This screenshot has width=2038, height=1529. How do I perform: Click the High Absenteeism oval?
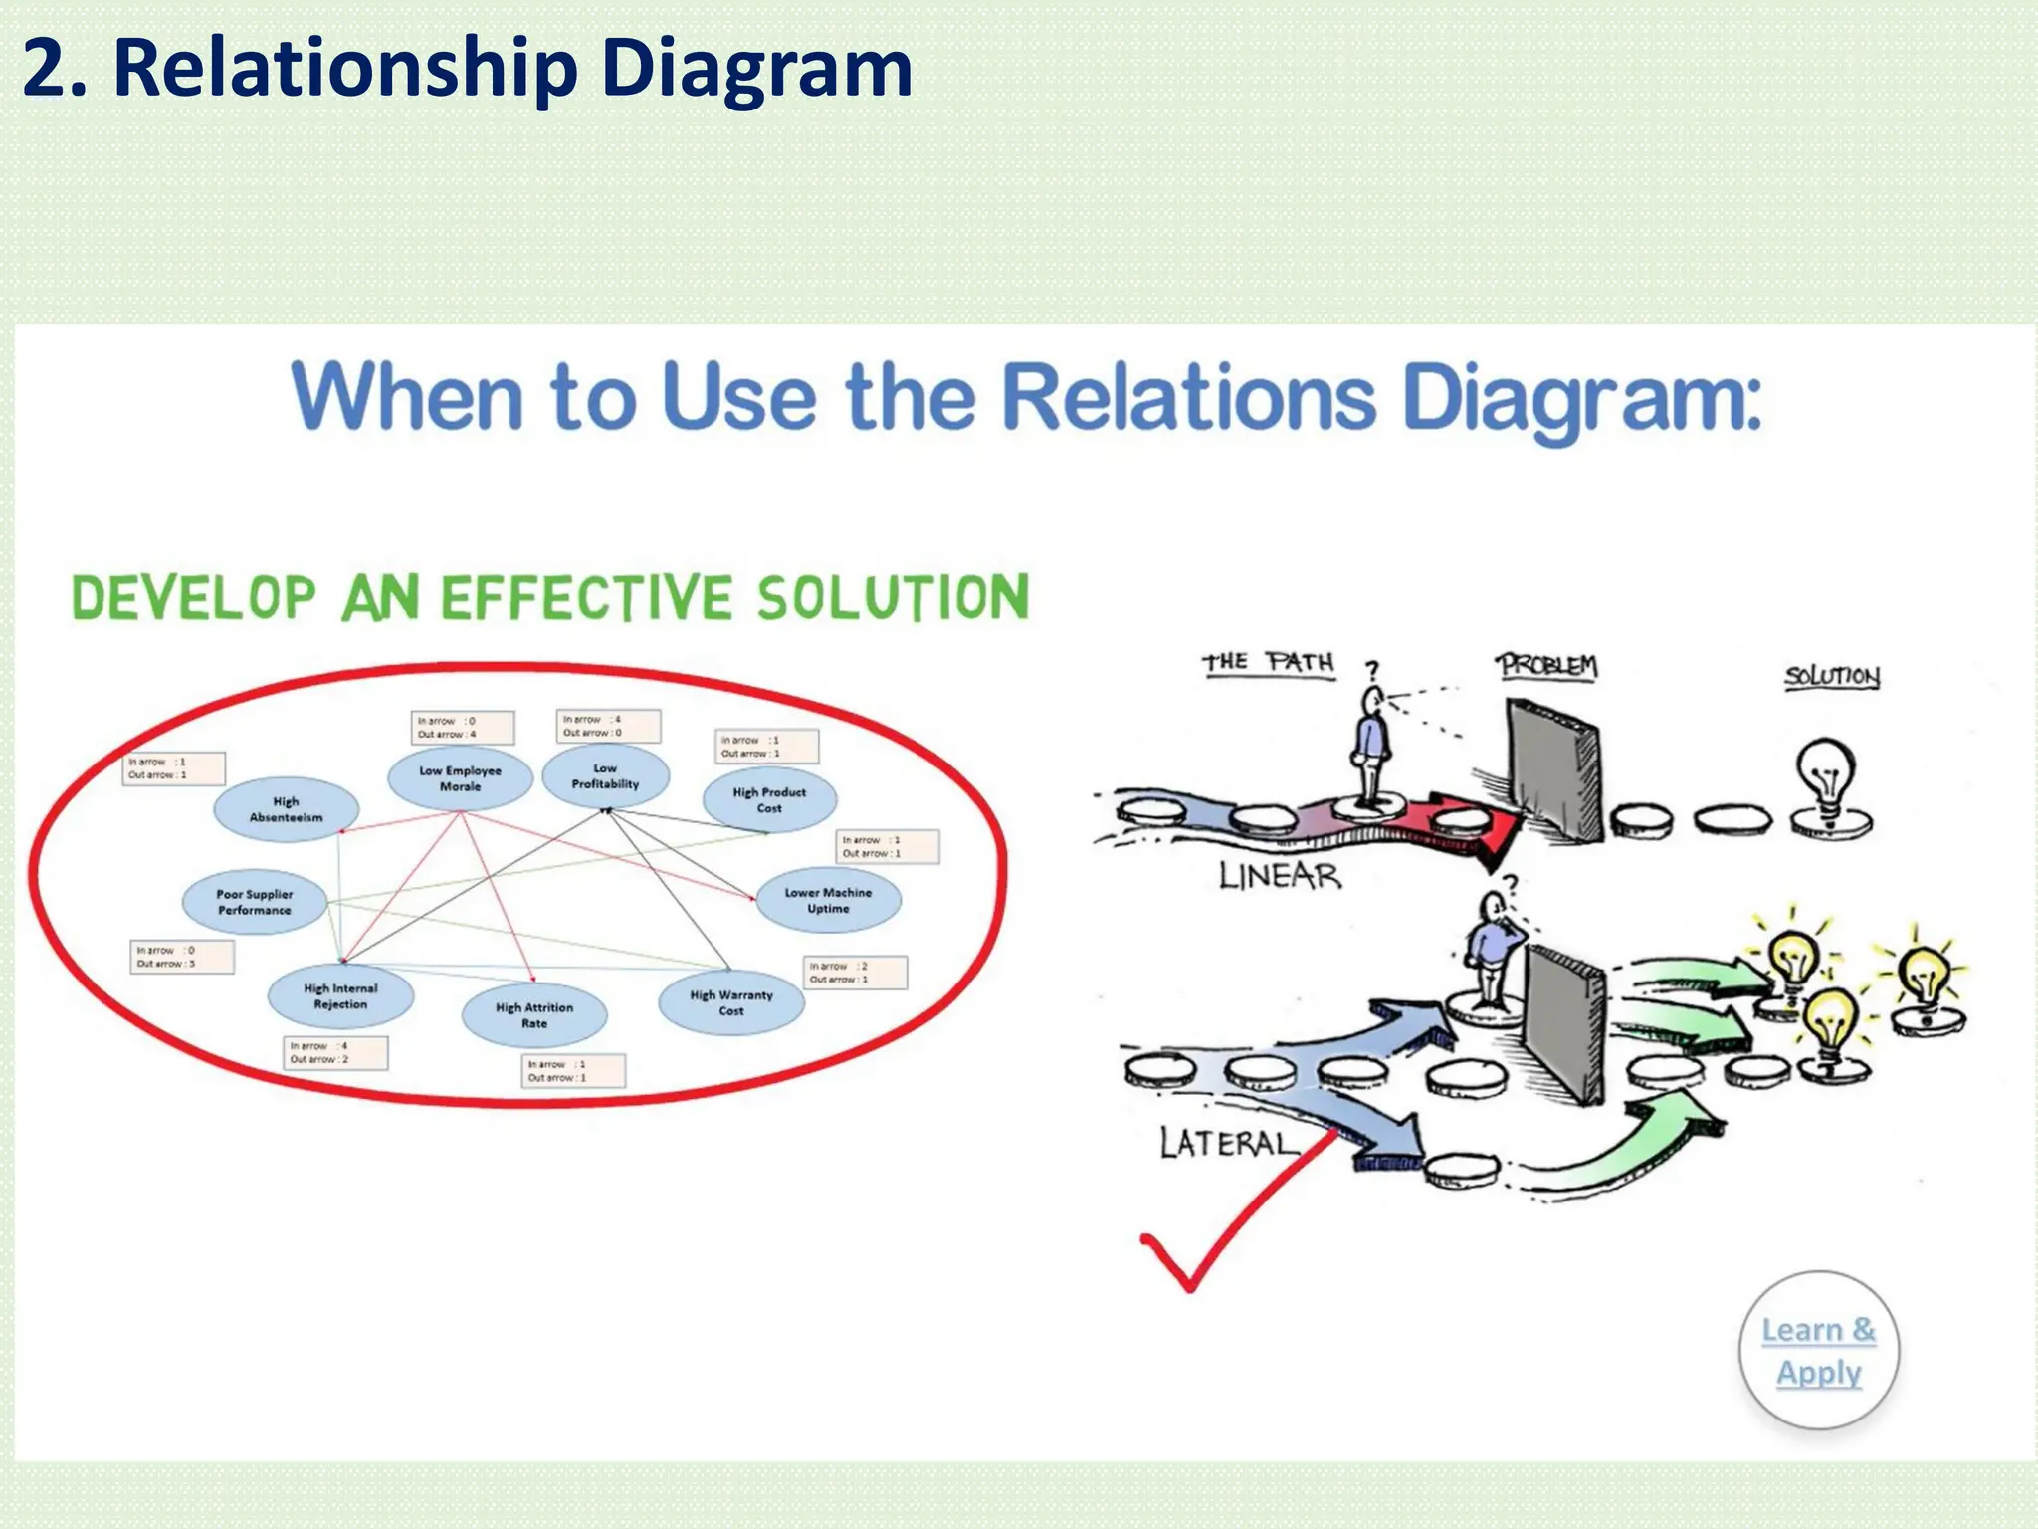coord(286,809)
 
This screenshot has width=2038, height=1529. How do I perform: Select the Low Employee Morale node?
coord(460,778)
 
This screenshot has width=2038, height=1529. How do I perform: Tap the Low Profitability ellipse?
coord(605,776)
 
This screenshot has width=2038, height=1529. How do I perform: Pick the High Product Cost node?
coord(769,800)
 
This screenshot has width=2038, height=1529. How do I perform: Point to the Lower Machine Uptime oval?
coord(828,901)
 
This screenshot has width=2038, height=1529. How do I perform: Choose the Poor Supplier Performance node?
coord(255,902)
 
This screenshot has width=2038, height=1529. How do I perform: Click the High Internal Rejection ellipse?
coord(340,996)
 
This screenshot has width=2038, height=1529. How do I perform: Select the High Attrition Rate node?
coord(534,1015)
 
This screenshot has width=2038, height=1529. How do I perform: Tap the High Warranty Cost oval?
coord(731,1002)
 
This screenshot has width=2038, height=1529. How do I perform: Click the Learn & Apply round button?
coord(1818,1351)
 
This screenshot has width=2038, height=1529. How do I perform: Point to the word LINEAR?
coord(1280,876)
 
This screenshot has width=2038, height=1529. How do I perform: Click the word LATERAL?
coord(1229,1143)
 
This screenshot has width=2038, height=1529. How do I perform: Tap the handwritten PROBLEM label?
coord(1548,665)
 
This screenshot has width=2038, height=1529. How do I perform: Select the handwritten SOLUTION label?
coord(1831,677)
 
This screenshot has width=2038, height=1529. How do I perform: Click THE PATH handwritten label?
coord(1268,663)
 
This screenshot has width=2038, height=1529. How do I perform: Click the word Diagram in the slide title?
coord(756,68)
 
